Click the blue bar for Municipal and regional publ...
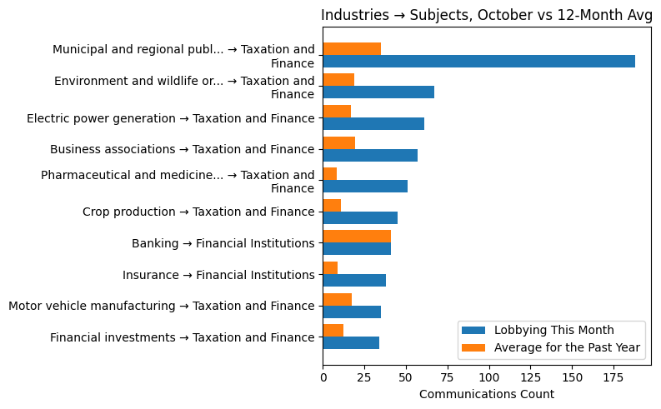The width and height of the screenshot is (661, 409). (x=478, y=61)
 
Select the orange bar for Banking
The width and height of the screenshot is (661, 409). (x=357, y=237)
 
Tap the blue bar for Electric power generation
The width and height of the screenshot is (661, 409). (x=373, y=124)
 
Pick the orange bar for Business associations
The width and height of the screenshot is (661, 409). (x=338, y=142)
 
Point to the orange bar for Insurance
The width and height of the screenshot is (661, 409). (x=330, y=267)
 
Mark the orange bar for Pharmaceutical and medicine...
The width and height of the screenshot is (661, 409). (x=329, y=173)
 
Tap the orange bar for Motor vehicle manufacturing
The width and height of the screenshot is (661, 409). (x=337, y=299)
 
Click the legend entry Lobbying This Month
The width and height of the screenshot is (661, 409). (x=553, y=329)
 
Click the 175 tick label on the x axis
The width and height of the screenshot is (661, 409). (x=614, y=377)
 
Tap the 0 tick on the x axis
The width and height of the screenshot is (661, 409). (x=323, y=377)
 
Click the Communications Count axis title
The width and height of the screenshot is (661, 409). (x=487, y=394)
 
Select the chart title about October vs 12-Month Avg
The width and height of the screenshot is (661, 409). (x=487, y=15)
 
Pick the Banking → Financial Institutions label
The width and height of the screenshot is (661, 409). (x=223, y=244)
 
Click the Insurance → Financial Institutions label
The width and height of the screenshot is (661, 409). (x=218, y=275)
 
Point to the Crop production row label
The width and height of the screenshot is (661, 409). (x=198, y=212)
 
